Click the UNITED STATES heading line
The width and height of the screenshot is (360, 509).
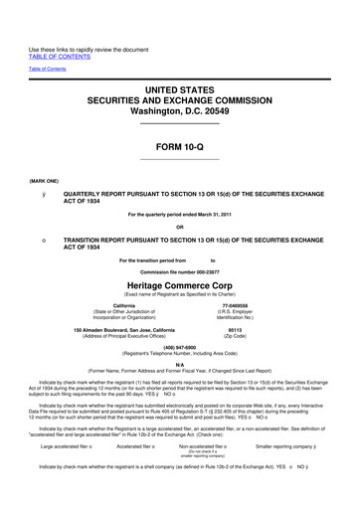point(180,91)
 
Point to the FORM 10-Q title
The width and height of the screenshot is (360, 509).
point(180,146)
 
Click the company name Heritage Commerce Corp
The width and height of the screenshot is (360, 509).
point(180,283)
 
